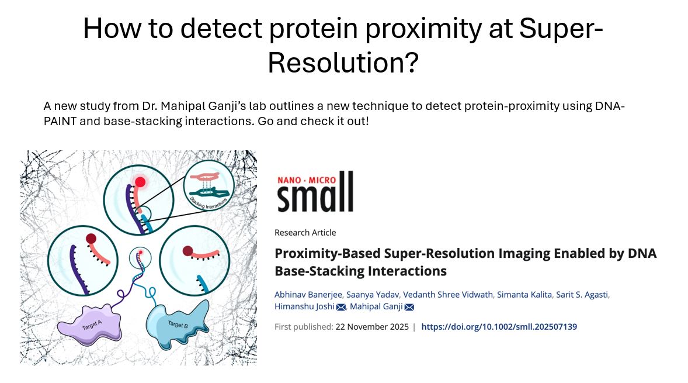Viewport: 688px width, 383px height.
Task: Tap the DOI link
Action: point(499,327)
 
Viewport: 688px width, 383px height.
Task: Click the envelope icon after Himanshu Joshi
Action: point(341,307)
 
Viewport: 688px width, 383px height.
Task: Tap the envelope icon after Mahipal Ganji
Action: point(409,307)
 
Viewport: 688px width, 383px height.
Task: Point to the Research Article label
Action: point(305,233)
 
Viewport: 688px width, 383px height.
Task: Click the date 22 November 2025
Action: point(372,327)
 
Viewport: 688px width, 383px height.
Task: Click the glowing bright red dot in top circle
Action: point(140,181)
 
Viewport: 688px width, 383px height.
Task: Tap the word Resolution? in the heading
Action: point(343,62)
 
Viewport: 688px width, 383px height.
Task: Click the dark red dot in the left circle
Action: point(91,239)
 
